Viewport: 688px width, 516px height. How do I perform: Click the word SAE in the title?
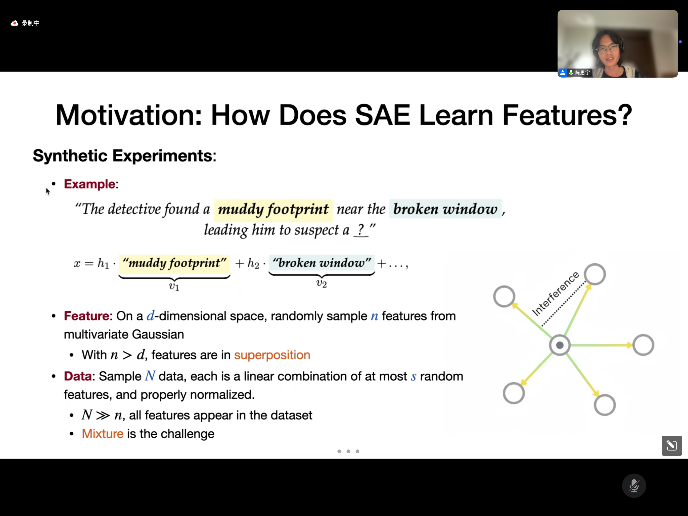click(382, 115)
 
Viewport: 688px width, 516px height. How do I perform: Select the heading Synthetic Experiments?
click(124, 156)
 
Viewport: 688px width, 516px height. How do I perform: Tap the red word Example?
click(90, 184)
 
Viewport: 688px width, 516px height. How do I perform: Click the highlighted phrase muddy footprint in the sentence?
click(273, 209)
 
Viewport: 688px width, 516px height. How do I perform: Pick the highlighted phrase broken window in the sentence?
click(445, 209)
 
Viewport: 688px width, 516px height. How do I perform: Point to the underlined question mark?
click(361, 230)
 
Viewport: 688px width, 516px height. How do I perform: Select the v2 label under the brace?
click(321, 283)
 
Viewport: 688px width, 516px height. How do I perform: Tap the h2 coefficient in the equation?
click(253, 264)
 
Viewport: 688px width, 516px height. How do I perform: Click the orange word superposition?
click(272, 355)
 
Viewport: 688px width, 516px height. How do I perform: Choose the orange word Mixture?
click(103, 434)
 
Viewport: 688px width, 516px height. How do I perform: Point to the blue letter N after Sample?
click(150, 376)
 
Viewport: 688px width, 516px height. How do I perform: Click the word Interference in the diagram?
click(556, 294)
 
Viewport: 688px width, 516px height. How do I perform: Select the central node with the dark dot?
click(560, 345)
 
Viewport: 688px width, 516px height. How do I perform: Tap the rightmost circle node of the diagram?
click(643, 345)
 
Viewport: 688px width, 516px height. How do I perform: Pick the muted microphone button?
click(634, 486)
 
